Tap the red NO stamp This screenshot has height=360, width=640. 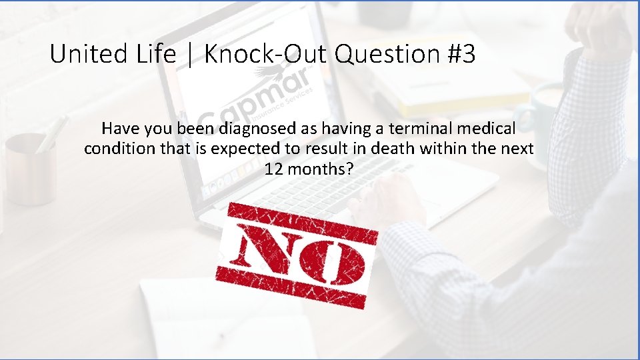[x=297, y=255]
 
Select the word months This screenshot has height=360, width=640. [x=320, y=169]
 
